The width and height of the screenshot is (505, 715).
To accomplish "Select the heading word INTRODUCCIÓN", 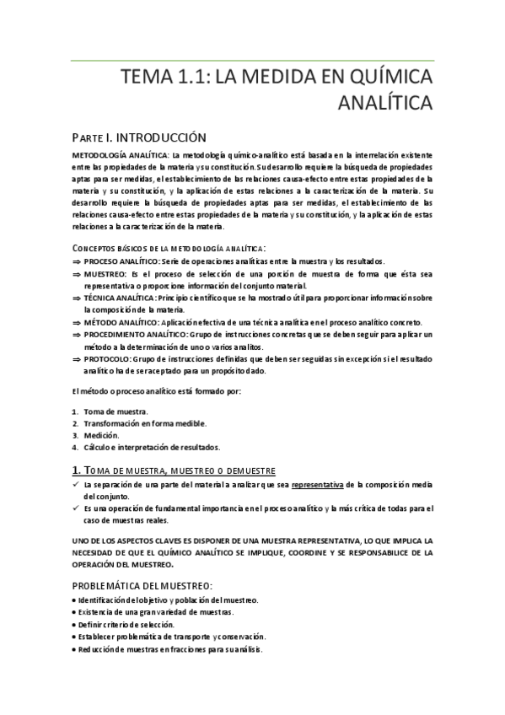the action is [159, 137].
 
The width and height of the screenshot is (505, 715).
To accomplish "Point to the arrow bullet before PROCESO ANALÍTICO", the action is [76, 262].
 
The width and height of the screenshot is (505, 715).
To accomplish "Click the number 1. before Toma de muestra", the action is [75, 411].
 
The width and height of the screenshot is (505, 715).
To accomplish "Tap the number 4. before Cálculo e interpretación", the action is [75, 447].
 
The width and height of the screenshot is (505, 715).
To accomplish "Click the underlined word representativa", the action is [323, 485].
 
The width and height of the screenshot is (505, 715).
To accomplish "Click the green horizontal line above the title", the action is [253, 60].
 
